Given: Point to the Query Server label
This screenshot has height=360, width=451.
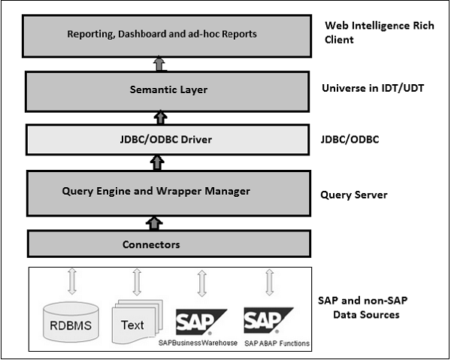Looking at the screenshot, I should [353, 194].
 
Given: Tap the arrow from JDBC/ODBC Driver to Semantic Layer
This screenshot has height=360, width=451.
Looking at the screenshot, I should [159, 117].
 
